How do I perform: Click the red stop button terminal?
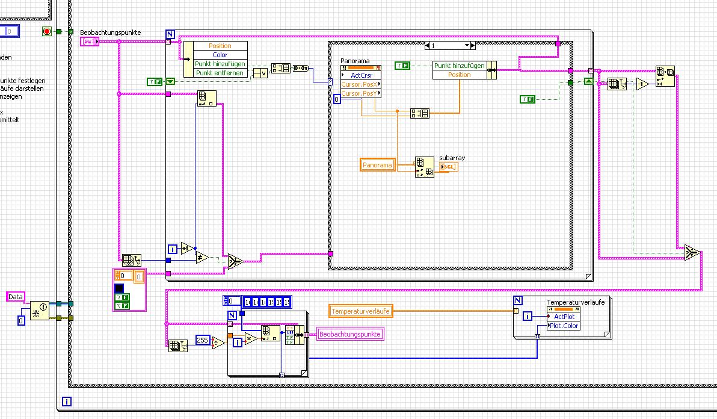47,31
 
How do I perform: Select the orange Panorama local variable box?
377,165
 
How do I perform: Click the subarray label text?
452,158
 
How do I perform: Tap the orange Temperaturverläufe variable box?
361,311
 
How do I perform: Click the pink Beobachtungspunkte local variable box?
350,334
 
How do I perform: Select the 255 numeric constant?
203,341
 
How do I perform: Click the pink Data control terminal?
16,297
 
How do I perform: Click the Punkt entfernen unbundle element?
220,73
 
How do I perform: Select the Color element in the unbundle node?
220,55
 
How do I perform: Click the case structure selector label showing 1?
448,45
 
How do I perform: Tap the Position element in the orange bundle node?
460,75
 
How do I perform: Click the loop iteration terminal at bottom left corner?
66,401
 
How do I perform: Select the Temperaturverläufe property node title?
576,302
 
